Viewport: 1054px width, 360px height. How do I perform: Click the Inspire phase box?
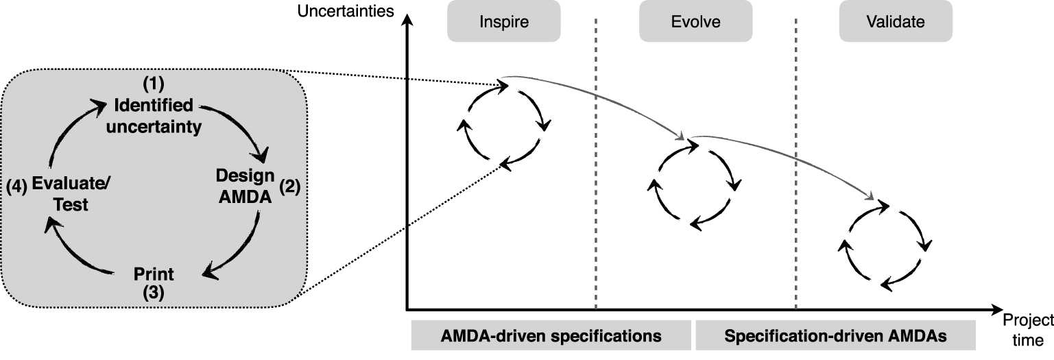(503, 21)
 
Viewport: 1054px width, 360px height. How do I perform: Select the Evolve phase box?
(695, 21)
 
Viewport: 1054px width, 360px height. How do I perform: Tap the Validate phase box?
(896, 21)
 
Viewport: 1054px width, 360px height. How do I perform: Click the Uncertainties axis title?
(346, 11)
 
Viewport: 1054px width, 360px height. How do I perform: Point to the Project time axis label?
(1028, 329)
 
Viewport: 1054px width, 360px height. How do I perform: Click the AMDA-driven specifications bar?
(551, 335)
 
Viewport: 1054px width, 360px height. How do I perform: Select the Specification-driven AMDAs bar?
(835, 335)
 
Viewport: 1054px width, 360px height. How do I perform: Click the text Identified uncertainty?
(154, 116)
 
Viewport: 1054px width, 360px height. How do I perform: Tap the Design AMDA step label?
(245, 186)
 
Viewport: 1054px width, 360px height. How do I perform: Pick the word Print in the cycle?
(154, 274)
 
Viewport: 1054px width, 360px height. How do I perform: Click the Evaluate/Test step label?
(71, 194)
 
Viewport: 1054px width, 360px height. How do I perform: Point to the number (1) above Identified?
(154, 84)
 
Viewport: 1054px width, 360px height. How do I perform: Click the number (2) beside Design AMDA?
(290, 187)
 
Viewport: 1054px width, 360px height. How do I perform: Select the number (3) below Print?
(154, 293)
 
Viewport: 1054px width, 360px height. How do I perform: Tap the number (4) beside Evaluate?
(17, 187)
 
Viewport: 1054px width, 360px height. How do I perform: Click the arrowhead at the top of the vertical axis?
(408, 19)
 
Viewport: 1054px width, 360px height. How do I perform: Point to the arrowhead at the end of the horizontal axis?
(996, 310)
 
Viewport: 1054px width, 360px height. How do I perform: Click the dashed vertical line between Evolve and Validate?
(795, 165)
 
